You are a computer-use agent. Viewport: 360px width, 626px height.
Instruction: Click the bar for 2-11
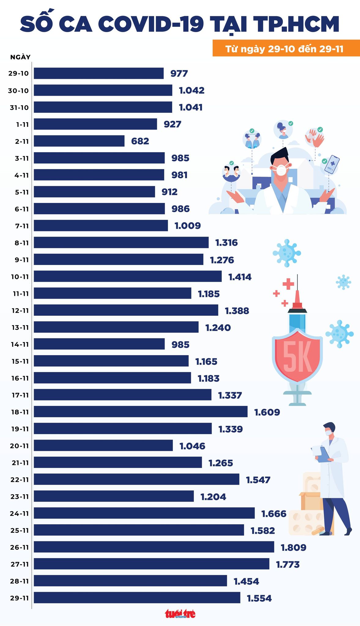(79, 141)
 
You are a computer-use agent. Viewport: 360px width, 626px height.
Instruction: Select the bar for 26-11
(154, 547)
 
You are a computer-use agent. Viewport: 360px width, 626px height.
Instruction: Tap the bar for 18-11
(141, 411)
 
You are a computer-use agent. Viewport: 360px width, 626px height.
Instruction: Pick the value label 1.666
(274, 514)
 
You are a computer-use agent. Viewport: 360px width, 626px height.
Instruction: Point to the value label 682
(140, 141)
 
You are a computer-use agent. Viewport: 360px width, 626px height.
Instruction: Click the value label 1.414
(240, 277)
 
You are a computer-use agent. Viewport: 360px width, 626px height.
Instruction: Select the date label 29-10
(19, 74)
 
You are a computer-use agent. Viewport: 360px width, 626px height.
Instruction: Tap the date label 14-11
(20, 344)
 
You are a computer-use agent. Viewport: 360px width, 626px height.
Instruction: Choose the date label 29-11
(19, 598)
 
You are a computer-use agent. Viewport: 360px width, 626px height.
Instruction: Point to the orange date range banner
(286, 48)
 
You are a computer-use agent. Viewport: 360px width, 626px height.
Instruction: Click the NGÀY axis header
(20, 57)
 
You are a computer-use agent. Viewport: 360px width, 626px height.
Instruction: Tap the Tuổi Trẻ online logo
(180, 614)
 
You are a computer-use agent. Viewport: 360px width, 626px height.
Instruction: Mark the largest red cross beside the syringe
(288, 284)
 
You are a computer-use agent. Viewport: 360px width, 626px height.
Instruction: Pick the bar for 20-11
(103, 445)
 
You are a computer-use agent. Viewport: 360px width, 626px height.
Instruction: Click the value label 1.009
(187, 226)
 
